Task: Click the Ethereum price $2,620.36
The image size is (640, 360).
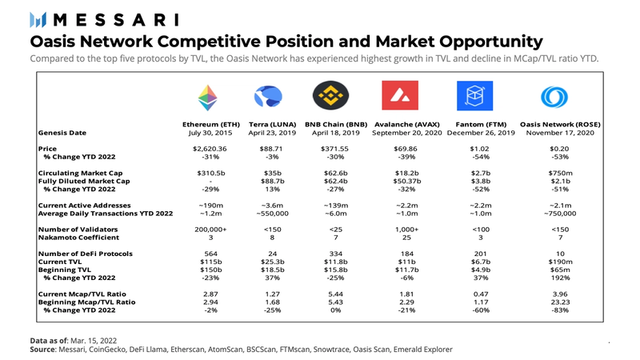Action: point(211,149)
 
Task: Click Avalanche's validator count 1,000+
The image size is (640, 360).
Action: point(403,229)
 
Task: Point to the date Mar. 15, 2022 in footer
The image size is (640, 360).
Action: point(102,340)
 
